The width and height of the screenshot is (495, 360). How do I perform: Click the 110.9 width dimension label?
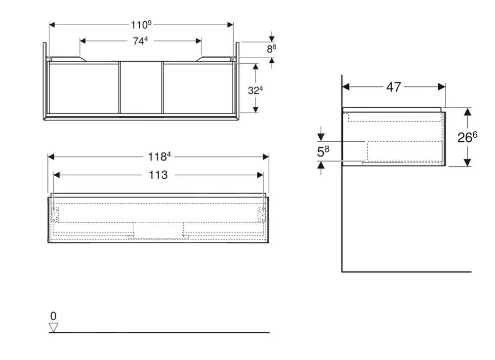coord(141,24)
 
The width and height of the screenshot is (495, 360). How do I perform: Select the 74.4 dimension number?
coord(140,41)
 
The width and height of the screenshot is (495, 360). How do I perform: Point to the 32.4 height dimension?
coord(256,90)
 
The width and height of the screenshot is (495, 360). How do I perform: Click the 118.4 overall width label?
coord(159,157)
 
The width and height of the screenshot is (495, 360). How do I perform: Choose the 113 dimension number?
coord(158,175)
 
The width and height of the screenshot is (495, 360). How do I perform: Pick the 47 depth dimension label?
coord(393,87)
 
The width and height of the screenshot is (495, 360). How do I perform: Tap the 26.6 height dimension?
coord(467,137)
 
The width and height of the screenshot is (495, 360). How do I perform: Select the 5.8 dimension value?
coord(323,152)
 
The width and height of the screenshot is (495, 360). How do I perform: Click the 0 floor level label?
coord(53,316)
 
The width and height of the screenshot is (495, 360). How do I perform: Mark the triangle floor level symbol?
coord(53,327)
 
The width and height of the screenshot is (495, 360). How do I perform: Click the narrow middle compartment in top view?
coord(141,87)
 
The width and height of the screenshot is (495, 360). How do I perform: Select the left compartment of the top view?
coord(83,87)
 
